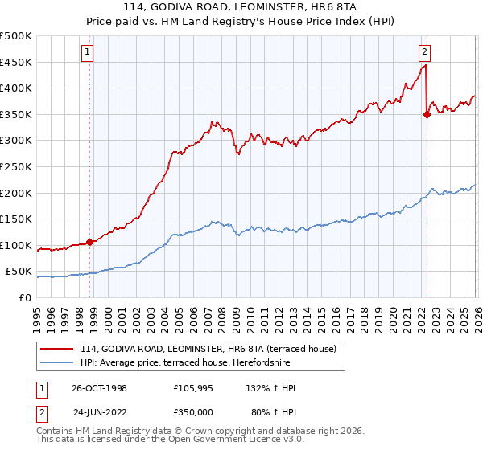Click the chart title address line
click(241, 8)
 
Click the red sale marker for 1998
click(90, 242)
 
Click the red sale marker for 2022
click(427, 114)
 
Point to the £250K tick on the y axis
click(16, 166)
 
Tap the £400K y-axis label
click(16, 88)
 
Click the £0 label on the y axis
click(24, 297)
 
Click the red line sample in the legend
click(57, 348)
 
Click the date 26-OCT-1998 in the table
click(100, 388)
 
